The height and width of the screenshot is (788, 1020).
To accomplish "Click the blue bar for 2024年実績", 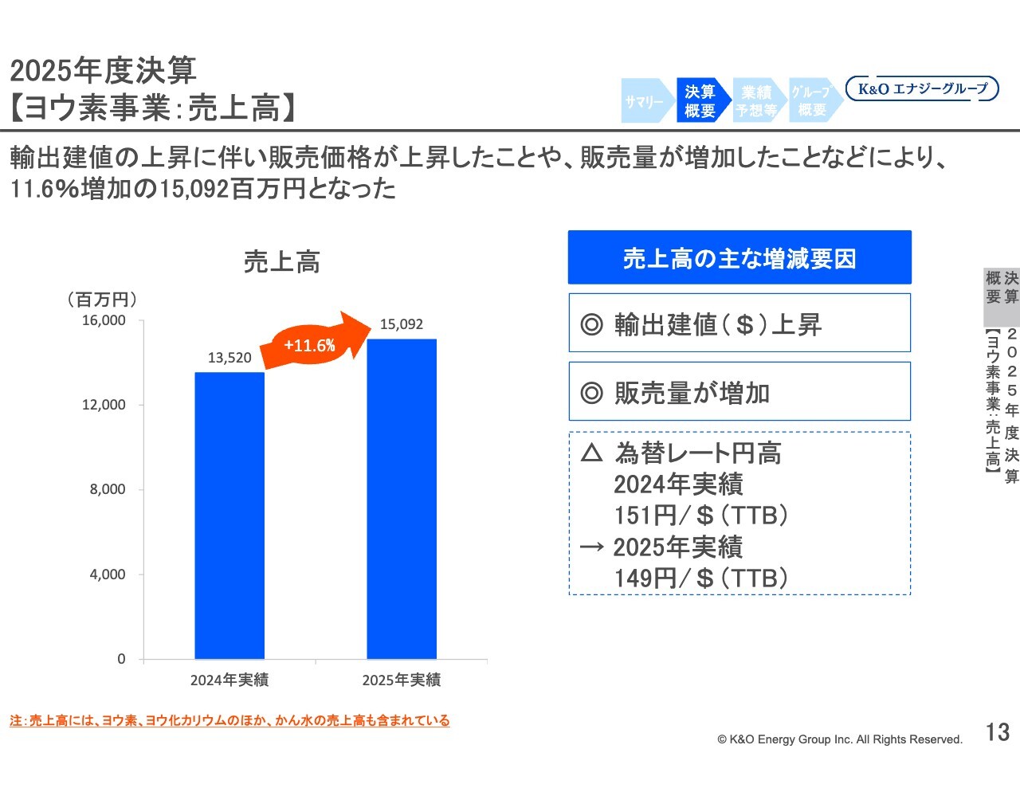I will pos(229,516).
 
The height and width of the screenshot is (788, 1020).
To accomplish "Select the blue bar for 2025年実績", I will pos(402,499).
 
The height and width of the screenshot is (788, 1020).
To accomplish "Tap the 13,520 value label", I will pos(229,358).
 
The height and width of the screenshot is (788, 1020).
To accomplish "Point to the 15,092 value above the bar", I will pos(402,324).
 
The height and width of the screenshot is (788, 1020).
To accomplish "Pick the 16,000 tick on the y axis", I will pos(104,320).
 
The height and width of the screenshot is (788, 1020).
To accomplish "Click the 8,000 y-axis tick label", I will pos(108,489).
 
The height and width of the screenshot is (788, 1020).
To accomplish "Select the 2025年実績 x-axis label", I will pos(402,680).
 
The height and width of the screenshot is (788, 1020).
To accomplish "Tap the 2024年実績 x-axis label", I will pos(229,680).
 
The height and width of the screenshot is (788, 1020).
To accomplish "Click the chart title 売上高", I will pos(282,261).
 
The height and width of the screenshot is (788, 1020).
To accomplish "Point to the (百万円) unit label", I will pos(103,299).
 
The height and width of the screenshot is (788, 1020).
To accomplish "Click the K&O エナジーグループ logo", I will pos(922,88).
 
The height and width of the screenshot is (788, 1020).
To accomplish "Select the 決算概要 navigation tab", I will pos(700,101).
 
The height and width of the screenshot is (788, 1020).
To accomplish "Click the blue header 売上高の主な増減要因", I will pos(739,257).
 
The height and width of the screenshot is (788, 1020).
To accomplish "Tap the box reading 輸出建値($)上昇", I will pos(739,323).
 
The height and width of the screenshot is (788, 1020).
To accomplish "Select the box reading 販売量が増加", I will pos(739,391).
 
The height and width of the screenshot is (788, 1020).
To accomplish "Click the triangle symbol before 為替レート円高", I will pos(591,453).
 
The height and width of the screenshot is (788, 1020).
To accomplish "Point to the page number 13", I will pos(998,732).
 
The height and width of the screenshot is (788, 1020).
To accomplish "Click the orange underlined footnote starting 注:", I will pos(229,720).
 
